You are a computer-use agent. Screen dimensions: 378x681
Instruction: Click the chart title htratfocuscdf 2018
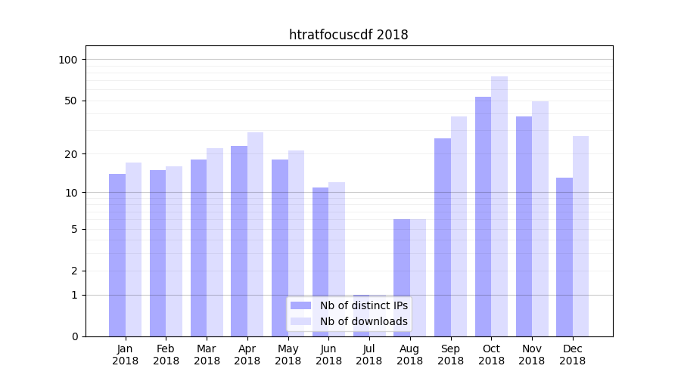348,35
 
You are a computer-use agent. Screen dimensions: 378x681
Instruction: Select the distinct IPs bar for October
483,216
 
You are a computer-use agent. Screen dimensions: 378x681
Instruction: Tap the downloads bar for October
499,206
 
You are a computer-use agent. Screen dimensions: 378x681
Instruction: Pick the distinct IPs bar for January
117,255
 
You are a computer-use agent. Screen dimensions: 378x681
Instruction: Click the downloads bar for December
581,236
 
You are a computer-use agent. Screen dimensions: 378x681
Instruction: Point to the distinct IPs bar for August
402,277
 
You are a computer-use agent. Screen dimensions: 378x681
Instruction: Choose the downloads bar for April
256,234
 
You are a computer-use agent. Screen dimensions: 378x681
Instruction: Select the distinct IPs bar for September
443,237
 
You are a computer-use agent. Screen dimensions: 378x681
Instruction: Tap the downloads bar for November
540,218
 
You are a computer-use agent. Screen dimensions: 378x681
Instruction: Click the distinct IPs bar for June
321,262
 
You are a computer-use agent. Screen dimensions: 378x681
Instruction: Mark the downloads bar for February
174,251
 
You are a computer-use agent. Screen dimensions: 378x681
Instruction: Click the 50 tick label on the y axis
71,101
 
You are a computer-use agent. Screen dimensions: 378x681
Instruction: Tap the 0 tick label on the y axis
74,336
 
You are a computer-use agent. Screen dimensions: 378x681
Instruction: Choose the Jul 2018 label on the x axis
369,355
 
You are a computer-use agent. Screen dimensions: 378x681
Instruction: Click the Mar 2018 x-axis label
207,355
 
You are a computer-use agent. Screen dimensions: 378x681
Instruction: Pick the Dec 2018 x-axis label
573,355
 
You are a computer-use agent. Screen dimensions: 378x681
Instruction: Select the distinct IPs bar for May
280,248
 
